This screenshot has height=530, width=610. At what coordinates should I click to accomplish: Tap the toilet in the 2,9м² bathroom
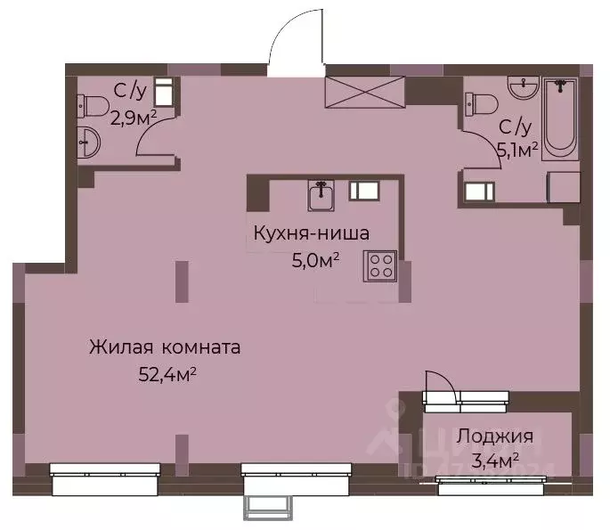(91, 108)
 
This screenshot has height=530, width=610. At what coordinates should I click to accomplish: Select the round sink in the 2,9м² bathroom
(88, 142)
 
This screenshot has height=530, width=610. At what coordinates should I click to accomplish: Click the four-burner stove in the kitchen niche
(380, 265)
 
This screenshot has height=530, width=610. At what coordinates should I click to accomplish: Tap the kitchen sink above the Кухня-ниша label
(321, 195)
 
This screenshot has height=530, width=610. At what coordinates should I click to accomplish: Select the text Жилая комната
(165, 347)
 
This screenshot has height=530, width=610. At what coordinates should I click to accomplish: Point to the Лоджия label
(495, 436)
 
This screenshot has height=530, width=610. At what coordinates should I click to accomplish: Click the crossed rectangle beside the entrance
(365, 91)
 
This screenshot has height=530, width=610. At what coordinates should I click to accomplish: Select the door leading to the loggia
(440, 392)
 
